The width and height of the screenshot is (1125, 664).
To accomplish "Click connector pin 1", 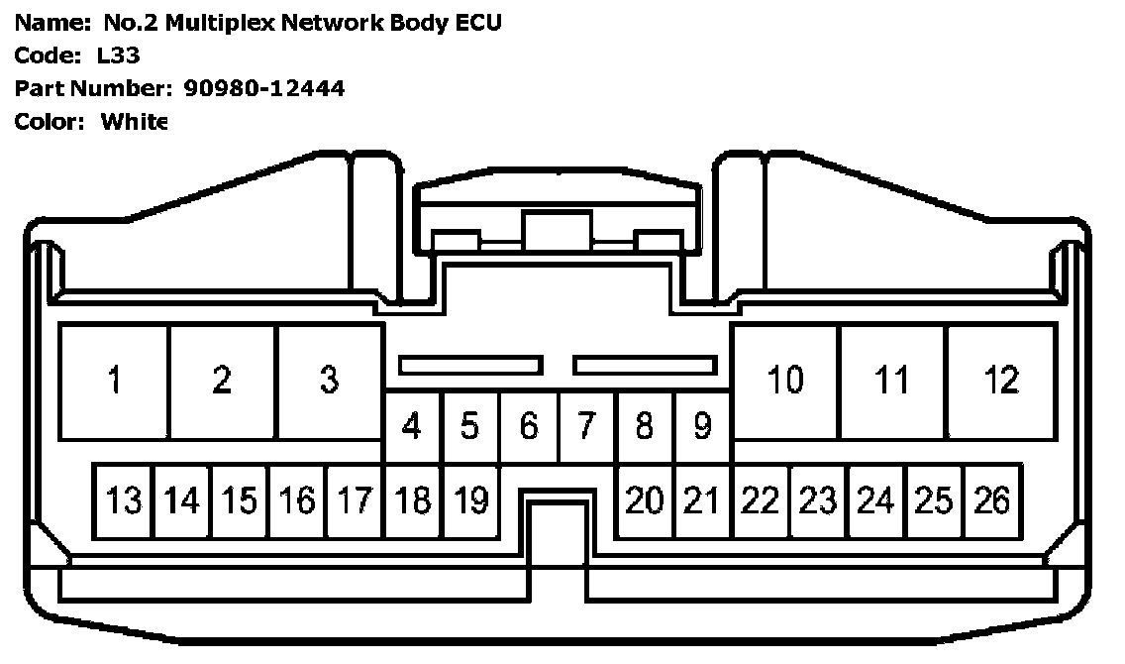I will (x=115, y=381).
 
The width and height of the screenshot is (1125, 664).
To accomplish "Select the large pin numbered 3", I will (x=330, y=381).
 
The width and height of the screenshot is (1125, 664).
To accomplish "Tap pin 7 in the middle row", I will (x=586, y=426).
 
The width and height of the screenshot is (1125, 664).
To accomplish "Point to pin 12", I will (x=1001, y=381).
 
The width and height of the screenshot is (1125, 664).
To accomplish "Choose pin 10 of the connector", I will (x=785, y=381).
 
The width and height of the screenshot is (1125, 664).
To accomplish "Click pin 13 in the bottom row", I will (x=124, y=500).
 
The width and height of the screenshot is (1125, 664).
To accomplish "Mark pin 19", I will (x=471, y=500).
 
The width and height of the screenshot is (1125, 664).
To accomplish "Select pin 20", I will (x=644, y=500).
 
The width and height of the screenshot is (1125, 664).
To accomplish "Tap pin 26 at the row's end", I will (x=991, y=500).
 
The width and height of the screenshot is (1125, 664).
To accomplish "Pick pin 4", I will (x=412, y=426).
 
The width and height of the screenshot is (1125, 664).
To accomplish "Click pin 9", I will (x=702, y=426).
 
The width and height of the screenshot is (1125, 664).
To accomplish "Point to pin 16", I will (x=297, y=500).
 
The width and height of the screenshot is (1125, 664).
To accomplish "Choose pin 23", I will (x=818, y=500).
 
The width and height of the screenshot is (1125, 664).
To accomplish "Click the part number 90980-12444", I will (x=264, y=88).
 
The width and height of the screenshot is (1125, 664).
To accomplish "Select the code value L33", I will (x=119, y=55).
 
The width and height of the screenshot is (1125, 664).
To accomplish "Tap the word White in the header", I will (x=135, y=122).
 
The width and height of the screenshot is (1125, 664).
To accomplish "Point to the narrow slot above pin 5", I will (x=470, y=366).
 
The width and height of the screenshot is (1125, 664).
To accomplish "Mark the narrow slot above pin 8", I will (x=645, y=366).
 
